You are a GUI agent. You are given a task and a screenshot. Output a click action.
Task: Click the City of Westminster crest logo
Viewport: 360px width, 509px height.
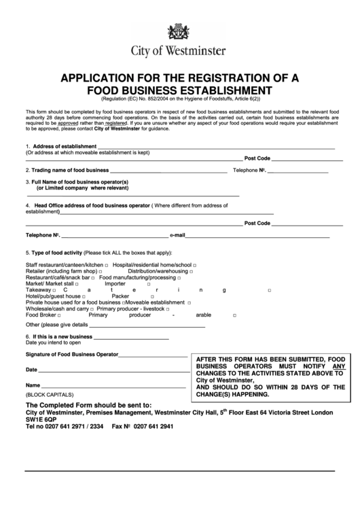pos(180,31)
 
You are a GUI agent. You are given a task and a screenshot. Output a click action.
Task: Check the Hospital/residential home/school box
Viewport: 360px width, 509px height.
pos(194,264)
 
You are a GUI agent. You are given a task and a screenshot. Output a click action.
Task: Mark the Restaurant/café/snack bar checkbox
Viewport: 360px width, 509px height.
pos(94,277)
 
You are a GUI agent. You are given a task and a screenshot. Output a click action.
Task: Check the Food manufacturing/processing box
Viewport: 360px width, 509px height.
pos(179,277)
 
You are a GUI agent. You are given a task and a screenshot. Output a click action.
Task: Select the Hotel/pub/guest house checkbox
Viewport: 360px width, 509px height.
pos(86,296)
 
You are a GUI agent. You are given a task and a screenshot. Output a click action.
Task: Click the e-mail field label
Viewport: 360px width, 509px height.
pos(177,235)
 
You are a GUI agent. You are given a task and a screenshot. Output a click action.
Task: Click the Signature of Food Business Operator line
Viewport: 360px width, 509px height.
pos(154,355)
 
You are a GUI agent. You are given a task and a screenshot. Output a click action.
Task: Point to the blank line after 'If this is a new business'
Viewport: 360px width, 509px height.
pos(130,336)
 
